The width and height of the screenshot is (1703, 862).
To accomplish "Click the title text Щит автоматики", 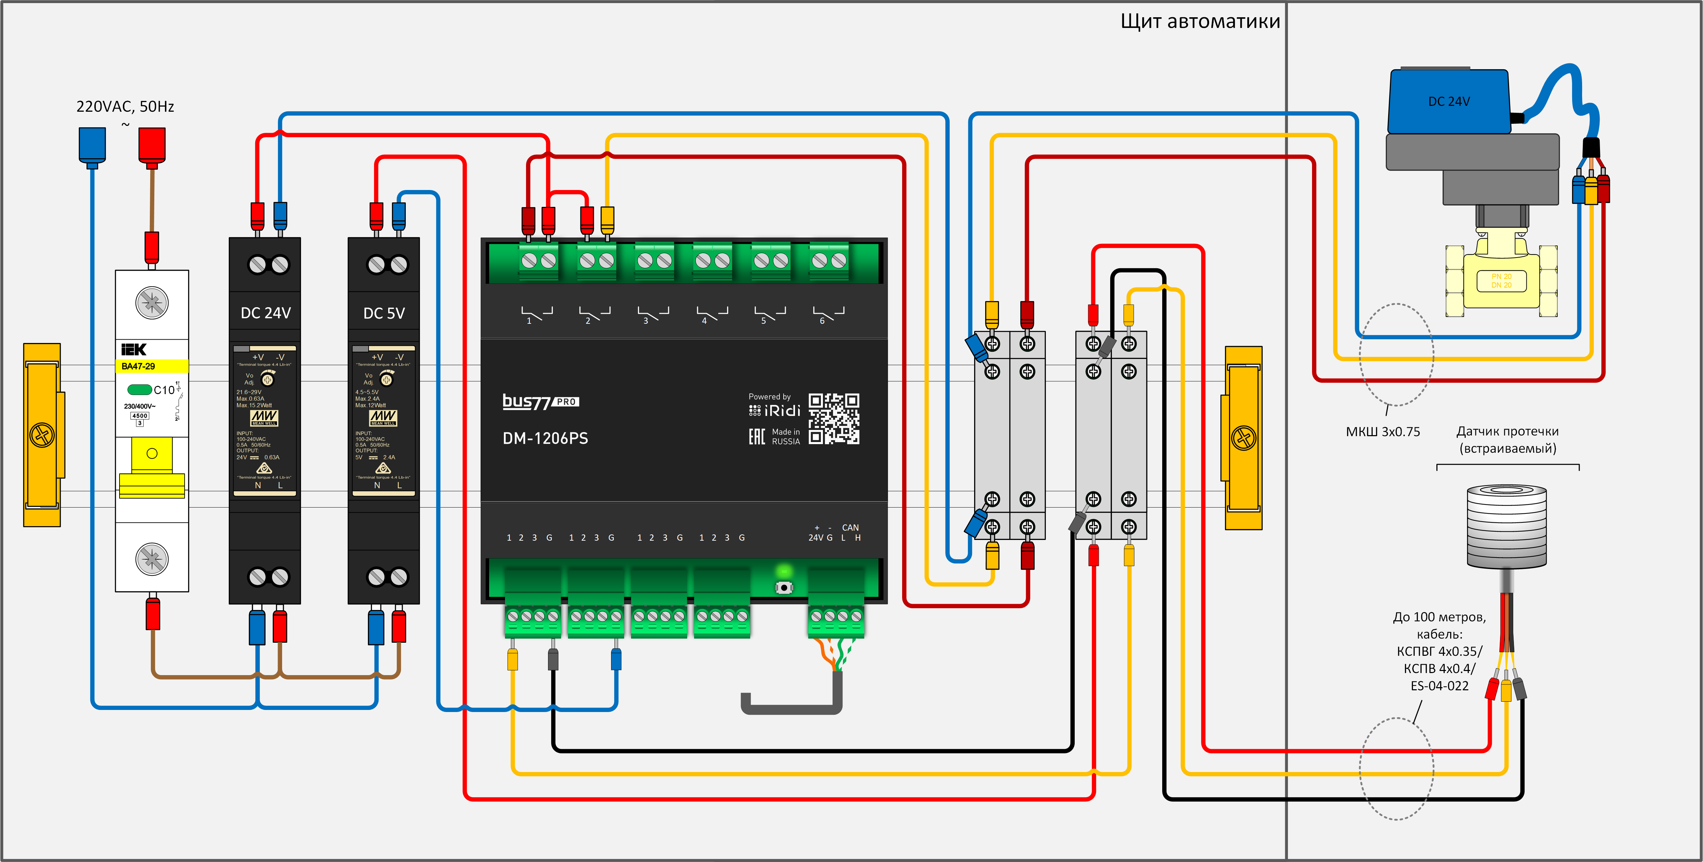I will [x=1200, y=22].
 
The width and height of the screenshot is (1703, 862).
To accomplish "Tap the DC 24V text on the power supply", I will [x=265, y=313].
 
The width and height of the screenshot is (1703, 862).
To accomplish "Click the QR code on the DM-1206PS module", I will [x=834, y=419].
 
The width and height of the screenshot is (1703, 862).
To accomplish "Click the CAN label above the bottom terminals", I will [x=850, y=527].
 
